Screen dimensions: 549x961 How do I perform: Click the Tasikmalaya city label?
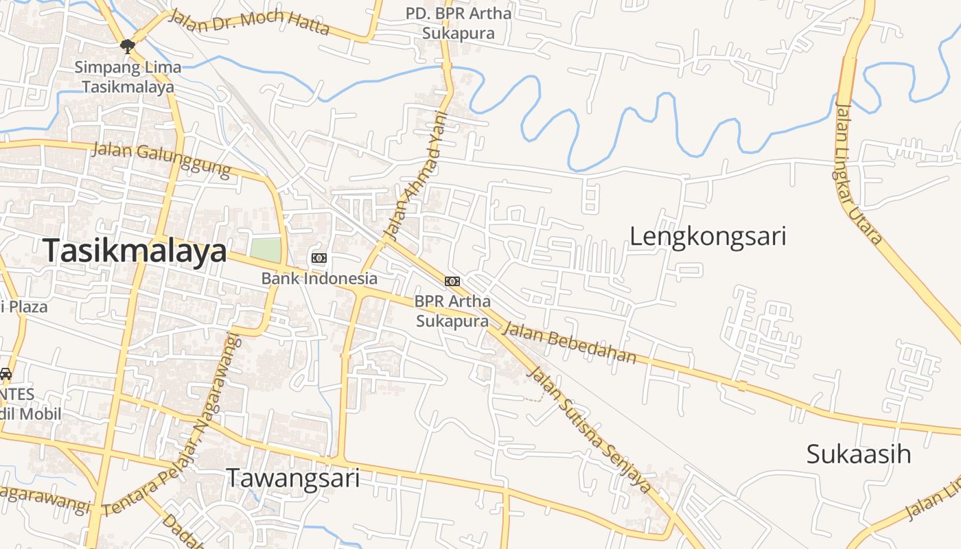click(135, 251)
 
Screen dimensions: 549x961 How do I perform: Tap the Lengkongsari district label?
click(708, 237)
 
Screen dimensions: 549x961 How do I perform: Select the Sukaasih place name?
click(858, 454)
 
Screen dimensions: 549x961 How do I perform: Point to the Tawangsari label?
click(293, 478)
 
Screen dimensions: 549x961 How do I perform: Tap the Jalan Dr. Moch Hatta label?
click(248, 22)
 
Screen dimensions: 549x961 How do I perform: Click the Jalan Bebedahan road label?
click(570, 342)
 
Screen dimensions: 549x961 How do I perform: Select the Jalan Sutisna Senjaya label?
click(588, 430)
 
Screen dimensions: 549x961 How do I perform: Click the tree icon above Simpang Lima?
click(127, 46)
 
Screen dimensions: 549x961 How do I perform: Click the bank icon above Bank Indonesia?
click(319, 258)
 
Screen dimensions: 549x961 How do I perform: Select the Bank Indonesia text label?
click(319, 278)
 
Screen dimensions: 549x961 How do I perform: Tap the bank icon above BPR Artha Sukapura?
click(452, 281)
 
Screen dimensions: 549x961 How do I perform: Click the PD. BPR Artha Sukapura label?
click(459, 23)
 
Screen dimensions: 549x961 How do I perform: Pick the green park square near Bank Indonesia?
click(266, 250)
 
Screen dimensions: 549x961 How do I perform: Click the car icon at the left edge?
click(5, 375)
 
